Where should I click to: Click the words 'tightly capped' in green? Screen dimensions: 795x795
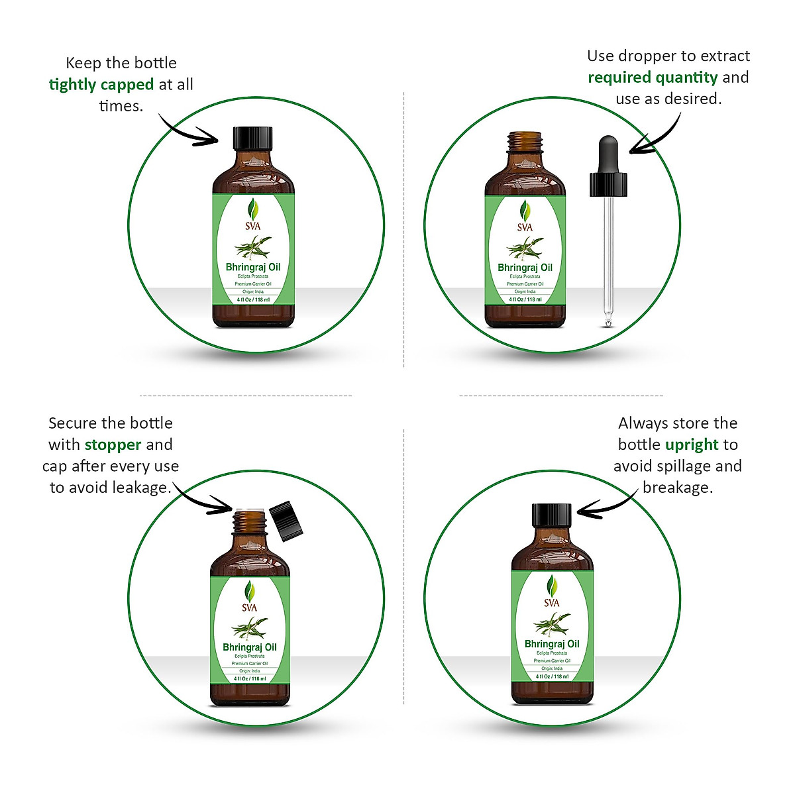click(101, 85)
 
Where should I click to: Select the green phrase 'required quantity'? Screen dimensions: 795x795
click(653, 78)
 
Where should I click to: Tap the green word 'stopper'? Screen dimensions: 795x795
click(113, 445)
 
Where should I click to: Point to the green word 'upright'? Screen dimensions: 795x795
click(692, 445)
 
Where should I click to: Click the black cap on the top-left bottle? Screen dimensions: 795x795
click(253, 138)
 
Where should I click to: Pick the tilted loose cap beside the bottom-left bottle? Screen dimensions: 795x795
click(286, 521)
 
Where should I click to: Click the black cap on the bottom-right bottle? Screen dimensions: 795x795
click(552, 515)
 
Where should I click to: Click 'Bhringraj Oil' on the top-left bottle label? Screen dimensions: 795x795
click(253, 268)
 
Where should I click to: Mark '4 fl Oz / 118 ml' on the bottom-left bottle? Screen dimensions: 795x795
click(250, 678)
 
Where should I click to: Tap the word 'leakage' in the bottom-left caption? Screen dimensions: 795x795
click(141, 488)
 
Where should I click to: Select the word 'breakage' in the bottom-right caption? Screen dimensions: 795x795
click(676, 488)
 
